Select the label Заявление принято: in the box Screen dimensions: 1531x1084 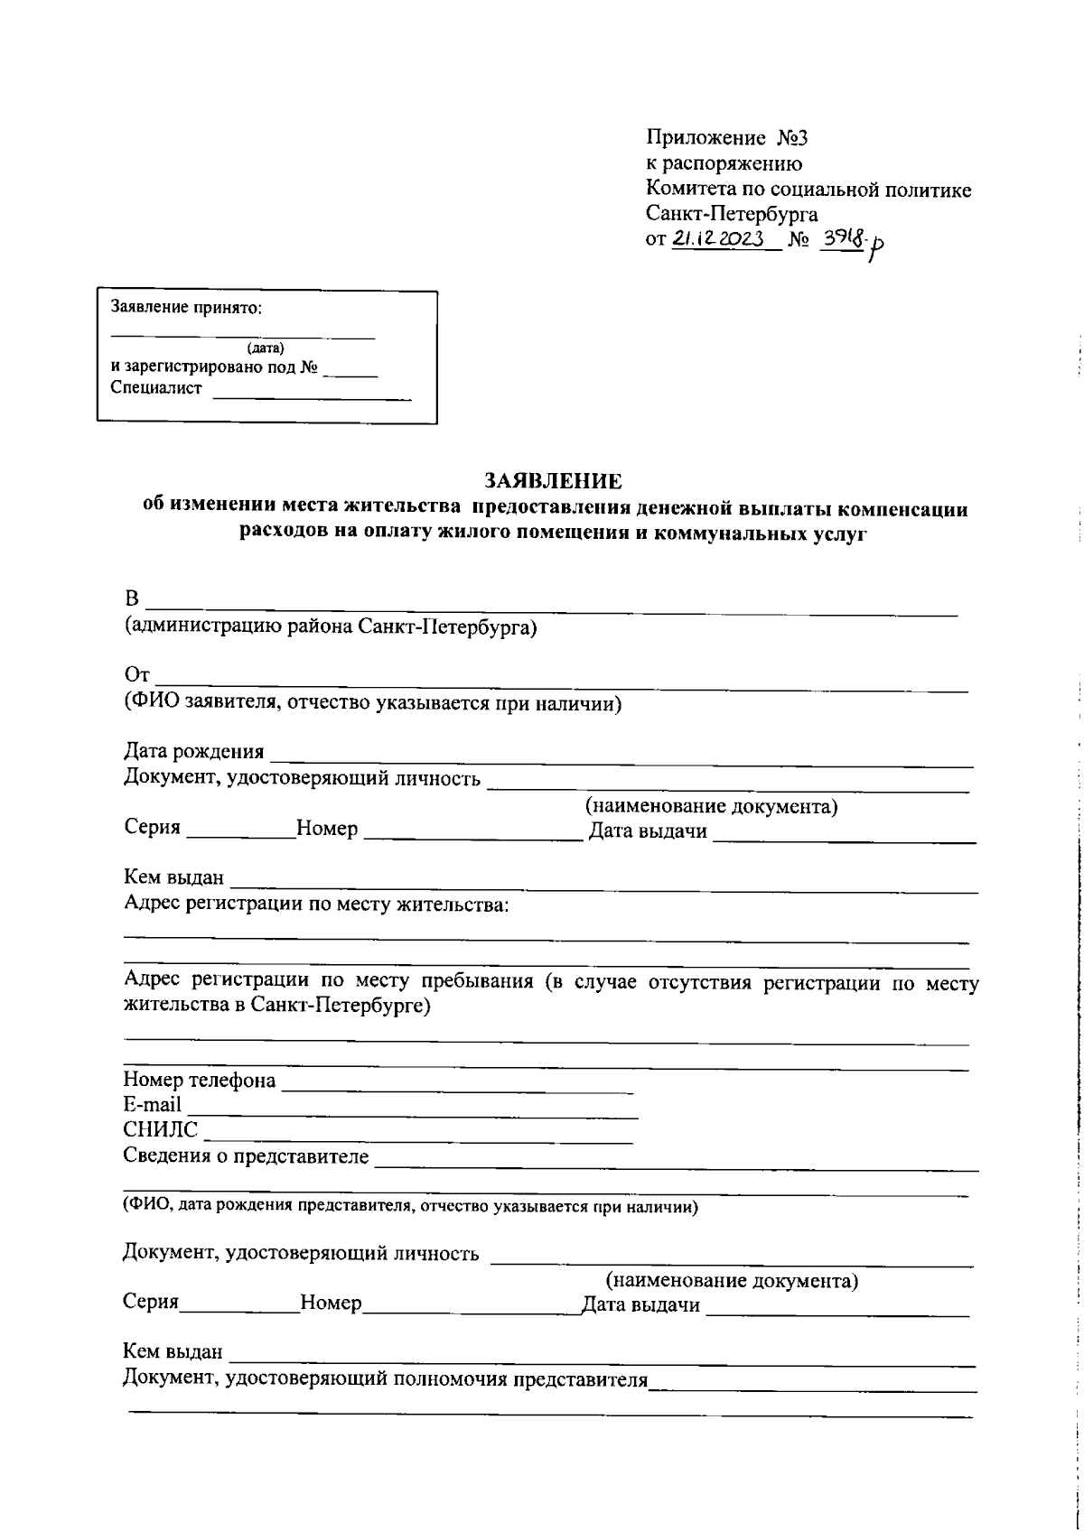point(186,307)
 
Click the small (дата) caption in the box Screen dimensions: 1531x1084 point(265,348)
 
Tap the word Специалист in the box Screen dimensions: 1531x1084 point(156,388)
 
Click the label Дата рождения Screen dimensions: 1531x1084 point(194,752)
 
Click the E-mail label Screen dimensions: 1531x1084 point(152,1105)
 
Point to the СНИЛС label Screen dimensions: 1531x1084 point(160,1129)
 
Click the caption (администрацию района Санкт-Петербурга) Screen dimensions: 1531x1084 point(331,626)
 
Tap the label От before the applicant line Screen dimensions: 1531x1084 point(135,676)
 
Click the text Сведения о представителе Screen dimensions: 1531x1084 point(246,1157)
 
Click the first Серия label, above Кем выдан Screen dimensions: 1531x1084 point(152,829)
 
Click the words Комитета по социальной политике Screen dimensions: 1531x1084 point(808,190)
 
